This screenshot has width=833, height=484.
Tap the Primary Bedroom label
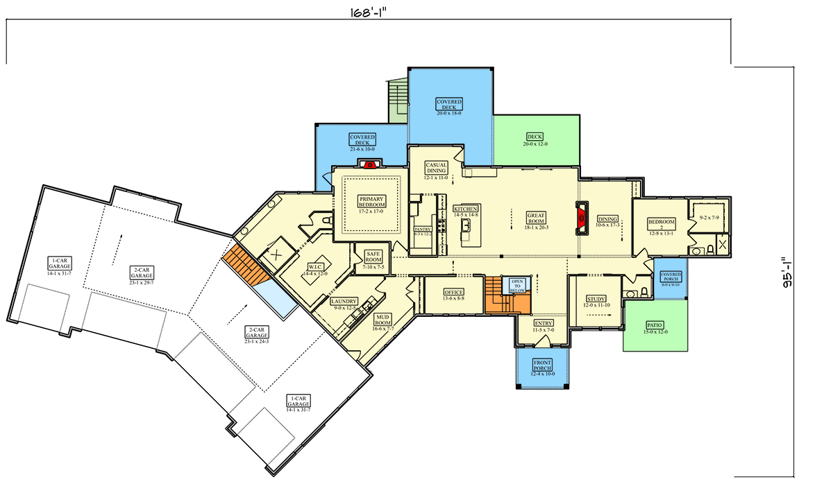371,202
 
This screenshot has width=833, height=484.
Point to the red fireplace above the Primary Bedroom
370,165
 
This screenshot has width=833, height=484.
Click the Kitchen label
466,209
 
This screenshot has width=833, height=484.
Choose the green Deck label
535,137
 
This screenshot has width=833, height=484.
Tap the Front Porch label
542,365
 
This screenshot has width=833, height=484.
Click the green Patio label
655,325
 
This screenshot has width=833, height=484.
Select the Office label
453,293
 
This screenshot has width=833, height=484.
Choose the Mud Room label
383,320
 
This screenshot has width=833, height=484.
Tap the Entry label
544,324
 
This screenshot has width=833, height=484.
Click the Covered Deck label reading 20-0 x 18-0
449,104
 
